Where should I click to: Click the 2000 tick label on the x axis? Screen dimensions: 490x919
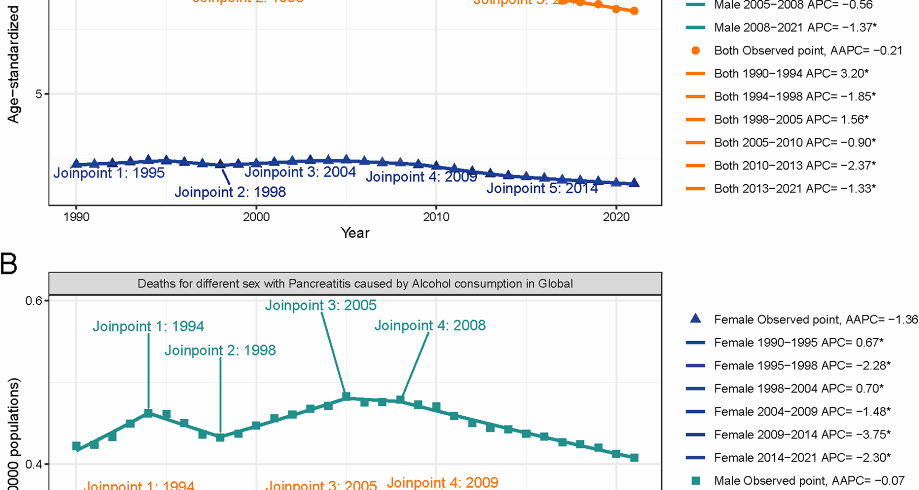256,217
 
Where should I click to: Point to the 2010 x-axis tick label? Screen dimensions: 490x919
436,217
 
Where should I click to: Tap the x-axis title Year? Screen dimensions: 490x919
355,233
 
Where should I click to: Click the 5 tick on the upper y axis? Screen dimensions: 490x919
38,94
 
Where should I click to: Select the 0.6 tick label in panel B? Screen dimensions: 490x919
34,301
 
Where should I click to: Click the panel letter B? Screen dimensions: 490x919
9,264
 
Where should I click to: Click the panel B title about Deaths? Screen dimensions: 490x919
355,284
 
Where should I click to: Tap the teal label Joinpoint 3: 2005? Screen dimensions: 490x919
321,305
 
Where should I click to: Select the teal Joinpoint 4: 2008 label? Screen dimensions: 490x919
430,325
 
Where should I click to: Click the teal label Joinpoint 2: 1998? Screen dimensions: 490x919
220,350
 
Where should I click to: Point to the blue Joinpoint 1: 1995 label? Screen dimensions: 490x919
109,173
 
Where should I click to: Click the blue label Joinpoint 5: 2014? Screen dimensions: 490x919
542,189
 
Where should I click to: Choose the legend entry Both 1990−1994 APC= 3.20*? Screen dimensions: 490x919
791,74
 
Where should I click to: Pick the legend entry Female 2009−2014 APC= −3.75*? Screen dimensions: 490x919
802,434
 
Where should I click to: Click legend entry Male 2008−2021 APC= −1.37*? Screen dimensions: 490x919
795,28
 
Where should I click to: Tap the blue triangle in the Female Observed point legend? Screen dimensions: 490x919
695,319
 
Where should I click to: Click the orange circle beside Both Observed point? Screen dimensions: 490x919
695,51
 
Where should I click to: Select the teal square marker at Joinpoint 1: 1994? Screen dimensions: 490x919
148,413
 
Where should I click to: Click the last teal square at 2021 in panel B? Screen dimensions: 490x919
634,457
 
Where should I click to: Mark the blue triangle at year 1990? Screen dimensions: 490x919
76,164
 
